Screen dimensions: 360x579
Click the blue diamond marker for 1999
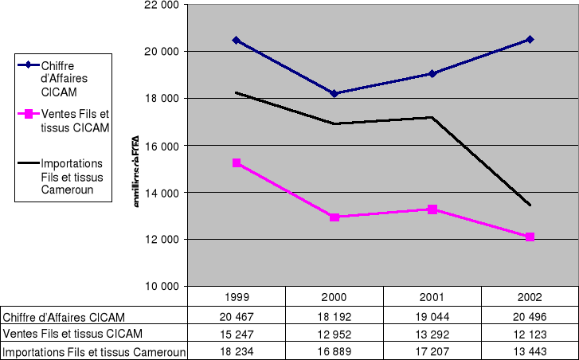click(237, 40)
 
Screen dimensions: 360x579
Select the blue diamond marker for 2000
click(334, 93)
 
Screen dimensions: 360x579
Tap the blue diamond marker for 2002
click(530, 39)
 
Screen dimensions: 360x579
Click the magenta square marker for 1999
click(237, 162)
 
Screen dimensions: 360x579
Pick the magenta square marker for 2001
click(432, 209)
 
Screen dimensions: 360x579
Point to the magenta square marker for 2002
click(530, 237)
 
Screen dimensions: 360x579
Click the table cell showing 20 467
click(237, 316)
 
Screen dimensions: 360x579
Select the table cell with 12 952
click(334, 334)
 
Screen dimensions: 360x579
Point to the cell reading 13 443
click(529, 352)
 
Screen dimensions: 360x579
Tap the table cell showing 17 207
click(432, 352)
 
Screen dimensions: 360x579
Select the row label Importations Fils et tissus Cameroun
click(94, 352)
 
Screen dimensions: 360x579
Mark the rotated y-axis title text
click(138, 174)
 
